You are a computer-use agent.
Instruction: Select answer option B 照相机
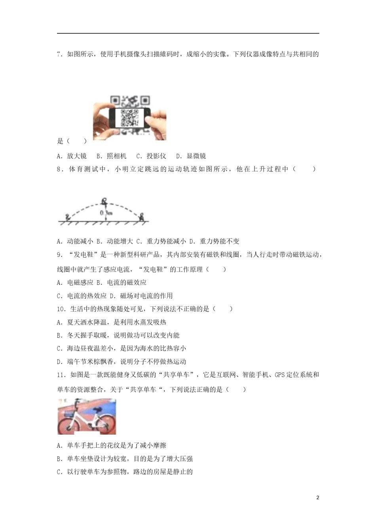(111, 156)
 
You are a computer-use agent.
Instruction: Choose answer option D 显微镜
(191, 156)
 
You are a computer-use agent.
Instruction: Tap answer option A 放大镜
(72, 156)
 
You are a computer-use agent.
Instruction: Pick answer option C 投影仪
(151, 156)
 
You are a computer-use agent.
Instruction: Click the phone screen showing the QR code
(129, 118)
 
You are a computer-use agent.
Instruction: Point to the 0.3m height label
(106, 213)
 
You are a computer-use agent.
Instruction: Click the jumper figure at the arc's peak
(104, 202)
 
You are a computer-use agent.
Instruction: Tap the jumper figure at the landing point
(141, 217)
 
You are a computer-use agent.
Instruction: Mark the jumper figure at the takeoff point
(68, 217)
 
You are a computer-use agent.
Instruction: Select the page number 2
(318, 498)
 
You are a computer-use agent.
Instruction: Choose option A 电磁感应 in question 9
(75, 283)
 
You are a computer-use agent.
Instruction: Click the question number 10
(61, 309)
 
